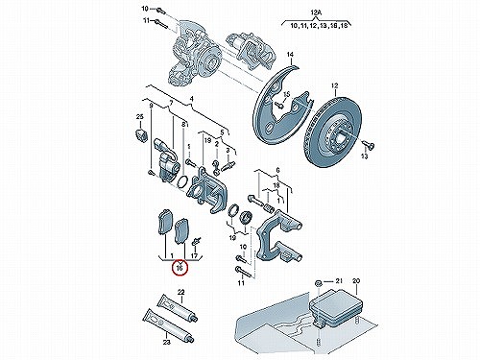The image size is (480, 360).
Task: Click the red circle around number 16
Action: [173, 268]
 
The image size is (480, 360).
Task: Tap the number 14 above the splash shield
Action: [290, 55]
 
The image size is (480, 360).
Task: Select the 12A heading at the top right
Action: [316, 12]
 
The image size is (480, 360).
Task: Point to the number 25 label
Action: [139, 117]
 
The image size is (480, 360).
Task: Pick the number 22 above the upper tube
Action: [181, 292]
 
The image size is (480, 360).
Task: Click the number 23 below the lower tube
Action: [166, 342]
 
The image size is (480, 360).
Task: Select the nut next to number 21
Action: [319, 283]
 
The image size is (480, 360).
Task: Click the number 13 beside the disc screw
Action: [364, 156]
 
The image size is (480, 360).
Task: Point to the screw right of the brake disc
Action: [369, 145]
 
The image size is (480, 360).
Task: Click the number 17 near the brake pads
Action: [194, 256]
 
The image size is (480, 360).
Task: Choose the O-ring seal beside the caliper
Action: [181, 181]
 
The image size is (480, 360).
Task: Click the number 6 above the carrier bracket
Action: [277, 171]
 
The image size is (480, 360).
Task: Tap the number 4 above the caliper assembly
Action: [191, 100]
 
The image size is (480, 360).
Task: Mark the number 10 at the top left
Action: [145, 9]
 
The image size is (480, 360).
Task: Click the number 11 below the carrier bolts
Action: [241, 283]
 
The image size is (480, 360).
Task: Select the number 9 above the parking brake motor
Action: [151, 106]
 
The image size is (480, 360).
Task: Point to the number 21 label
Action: [339, 281]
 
